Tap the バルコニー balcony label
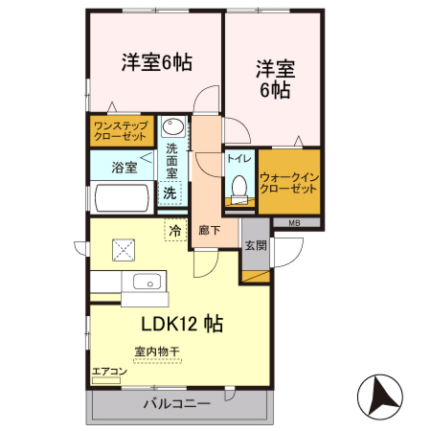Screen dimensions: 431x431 tap(177, 403)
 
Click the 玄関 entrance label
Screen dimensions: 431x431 tap(255, 245)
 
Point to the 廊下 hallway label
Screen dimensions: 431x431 tap(210, 230)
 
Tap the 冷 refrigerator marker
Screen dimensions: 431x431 tap(175, 230)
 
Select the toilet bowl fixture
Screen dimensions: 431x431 tap(237, 191)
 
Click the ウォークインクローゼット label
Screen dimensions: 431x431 tap(288, 182)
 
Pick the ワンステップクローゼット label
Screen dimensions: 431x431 tap(121, 130)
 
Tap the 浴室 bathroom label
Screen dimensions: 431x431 tap(124, 168)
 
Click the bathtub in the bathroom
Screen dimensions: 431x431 tap(122, 197)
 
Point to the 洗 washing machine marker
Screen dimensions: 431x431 tap(170, 193)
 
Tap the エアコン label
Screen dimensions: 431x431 tap(108, 371)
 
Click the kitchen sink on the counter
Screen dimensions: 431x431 tap(147, 282)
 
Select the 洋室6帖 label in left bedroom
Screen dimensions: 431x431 tap(156, 62)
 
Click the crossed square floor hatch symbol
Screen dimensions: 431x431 tap(124, 250)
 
